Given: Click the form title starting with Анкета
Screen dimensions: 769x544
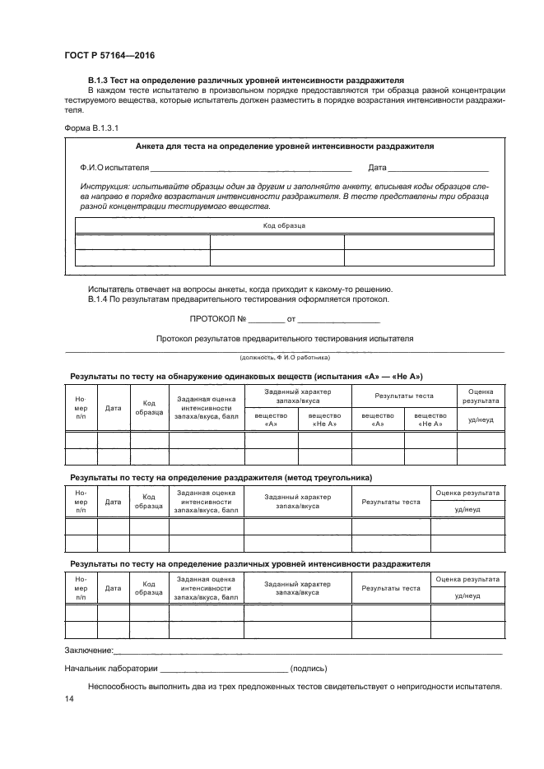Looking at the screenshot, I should (284, 146).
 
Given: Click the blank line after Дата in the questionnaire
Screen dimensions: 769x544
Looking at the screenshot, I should (439, 169).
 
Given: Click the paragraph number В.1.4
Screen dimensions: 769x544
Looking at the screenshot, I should (101, 299).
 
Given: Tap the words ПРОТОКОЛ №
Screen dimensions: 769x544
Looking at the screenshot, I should (216, 318).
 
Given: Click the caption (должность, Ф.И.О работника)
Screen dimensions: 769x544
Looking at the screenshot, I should (284, 358).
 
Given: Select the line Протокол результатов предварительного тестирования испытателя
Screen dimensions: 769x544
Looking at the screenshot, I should (284, 338).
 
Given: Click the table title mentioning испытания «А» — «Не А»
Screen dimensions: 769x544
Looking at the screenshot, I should (246, 376).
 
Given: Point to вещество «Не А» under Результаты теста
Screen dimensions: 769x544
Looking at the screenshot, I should (430, 419).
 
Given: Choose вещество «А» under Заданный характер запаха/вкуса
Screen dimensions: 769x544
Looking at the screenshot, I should (271, 419).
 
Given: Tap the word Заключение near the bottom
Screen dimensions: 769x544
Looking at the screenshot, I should (89, 651).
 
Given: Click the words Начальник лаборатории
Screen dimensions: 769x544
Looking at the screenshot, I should (110, 669).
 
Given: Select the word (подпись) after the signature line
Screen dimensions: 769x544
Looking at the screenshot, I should (309, 669).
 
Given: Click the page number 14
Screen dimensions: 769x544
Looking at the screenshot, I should (69, 699).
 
